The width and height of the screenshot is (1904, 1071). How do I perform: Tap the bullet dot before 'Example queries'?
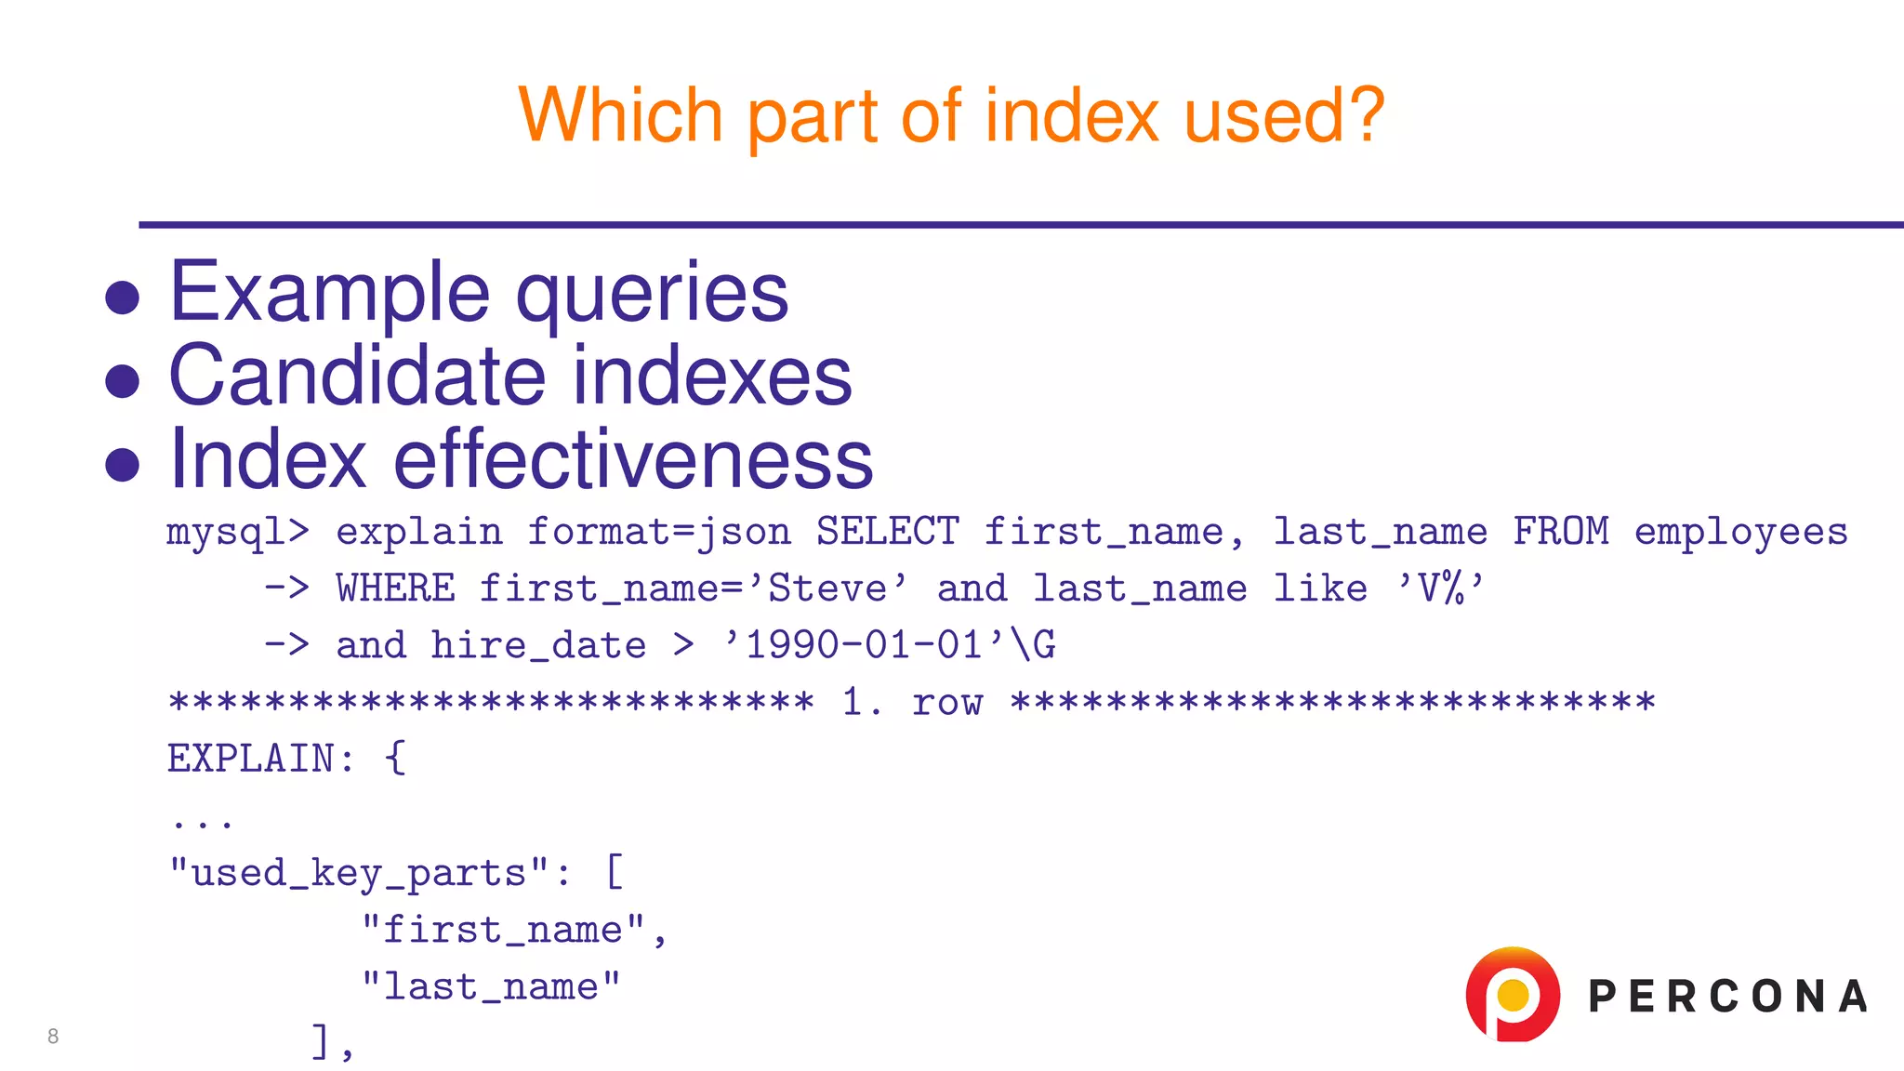click(x=123, y=297)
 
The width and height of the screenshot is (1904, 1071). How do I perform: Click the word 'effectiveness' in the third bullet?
click(x=633, y=459)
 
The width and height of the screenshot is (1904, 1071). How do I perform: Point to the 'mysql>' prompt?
click(x=237, y=532)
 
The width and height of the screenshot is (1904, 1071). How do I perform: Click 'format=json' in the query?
click(x=659, y=533)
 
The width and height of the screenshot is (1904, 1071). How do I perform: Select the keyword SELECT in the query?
click(x=887, y=532)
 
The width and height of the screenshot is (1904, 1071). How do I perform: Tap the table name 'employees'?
click(x=1740, y=533)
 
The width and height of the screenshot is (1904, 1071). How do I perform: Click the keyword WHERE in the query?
click(x=395, y=588)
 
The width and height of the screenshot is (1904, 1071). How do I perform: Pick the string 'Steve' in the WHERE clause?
click(x=827, y=588)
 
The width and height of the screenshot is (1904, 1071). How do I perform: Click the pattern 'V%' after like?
click(x=1440, y=588)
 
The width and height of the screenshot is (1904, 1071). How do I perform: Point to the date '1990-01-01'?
click(x=864, y=645)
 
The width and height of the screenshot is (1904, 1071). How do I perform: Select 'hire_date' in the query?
click(x=538, y=645)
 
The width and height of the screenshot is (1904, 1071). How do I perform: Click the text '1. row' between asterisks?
click(x=911, y=702)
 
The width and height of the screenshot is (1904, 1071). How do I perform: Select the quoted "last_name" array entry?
click(x=491, y=986)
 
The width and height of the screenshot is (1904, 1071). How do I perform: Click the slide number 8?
click(x=53, y=1036)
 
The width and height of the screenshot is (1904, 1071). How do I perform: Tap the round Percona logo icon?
click(x=1513, y=995)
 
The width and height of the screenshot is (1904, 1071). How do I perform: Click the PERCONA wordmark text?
click(x=1727, y=997)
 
